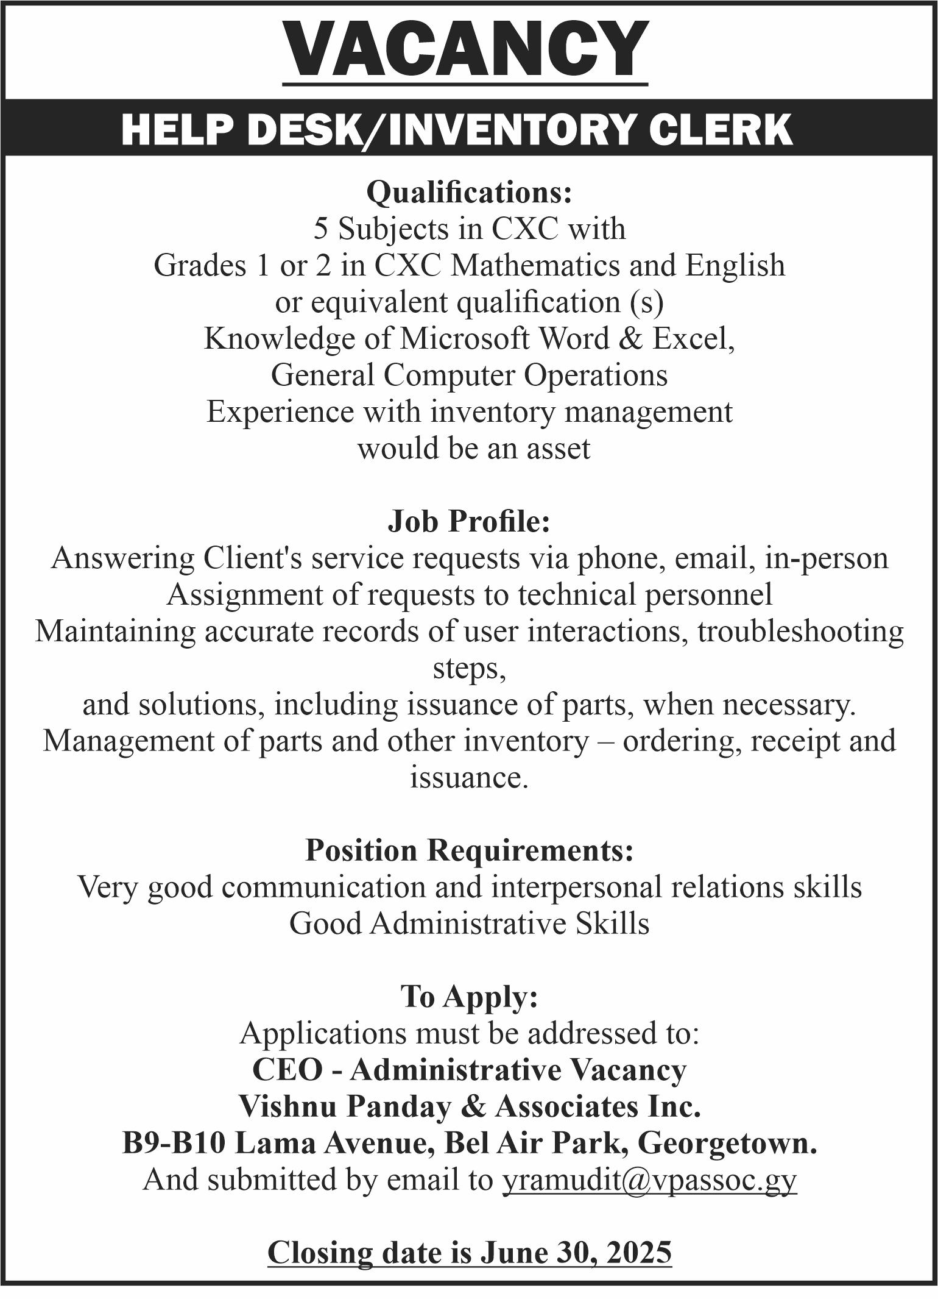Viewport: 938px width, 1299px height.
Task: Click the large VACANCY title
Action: [465, 49]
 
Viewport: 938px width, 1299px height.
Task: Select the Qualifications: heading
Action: [469, 193]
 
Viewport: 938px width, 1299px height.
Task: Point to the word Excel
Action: [691, 339]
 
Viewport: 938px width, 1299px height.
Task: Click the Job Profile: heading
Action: [469, 522]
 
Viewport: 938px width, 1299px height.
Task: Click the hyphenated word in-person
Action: [827, 558]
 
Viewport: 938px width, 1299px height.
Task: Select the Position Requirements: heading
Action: [469, 850]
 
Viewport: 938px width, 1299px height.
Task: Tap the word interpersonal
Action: [576, 888]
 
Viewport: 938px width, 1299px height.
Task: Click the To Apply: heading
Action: [469, 997]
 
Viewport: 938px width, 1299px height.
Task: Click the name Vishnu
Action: [286, 1107]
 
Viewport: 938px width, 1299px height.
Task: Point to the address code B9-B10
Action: [175, 1144]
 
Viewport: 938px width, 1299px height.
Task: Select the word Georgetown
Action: [727, 1144]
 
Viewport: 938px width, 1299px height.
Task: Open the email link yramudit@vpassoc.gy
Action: [649, 1180]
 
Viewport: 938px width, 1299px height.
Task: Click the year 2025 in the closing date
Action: [639, 1253]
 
